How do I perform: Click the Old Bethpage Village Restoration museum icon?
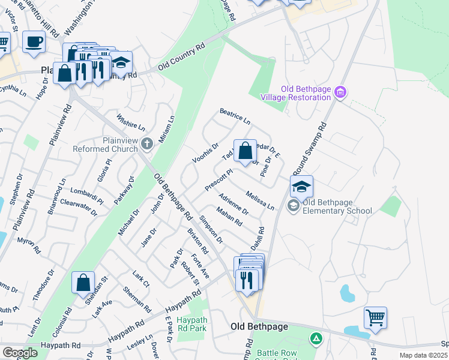tap(340, 92)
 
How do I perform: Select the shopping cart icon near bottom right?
tap(375, 317)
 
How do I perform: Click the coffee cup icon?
tap(34, 42)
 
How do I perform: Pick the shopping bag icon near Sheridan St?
tap(83, 283)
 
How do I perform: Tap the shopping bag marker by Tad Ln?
tap(245, 151)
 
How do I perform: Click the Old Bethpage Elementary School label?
tap(337, 206)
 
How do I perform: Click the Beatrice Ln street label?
tap(235, 116)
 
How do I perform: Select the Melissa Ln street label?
tap(260, 200)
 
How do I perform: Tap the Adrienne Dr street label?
tap(234, 205)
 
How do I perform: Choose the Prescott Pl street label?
tap(218, 179)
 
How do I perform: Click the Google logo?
tap(20, 353)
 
